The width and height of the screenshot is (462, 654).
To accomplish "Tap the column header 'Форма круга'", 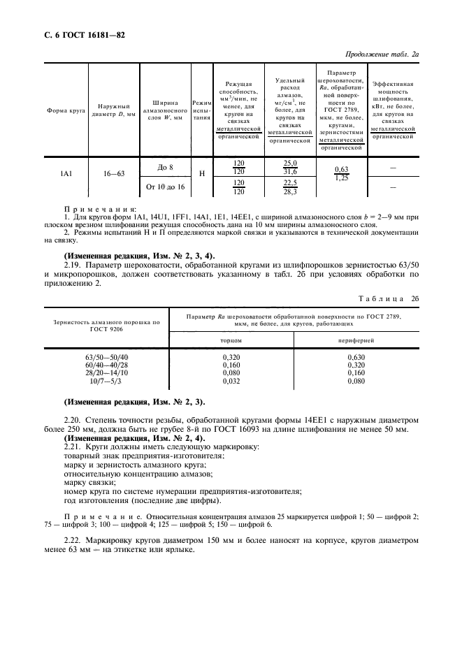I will tap(66, 110).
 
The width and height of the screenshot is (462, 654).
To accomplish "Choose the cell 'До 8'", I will tap(165, 166).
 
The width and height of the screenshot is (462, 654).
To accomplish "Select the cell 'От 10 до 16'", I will tap(165, 187).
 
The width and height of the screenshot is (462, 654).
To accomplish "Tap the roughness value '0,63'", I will tap(342, 169).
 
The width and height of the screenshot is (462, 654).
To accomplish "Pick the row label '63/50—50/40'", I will tap(106, 357).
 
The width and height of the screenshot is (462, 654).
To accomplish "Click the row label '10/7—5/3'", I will tap(106, 382).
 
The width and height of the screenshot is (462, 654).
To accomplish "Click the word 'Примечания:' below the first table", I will tap(101, 209).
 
